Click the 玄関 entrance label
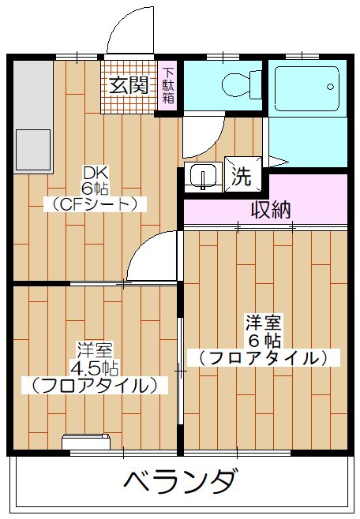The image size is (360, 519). tap(129, 84)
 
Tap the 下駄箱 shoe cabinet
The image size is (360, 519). tap(169, 86)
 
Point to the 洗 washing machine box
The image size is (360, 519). tap(241, 177)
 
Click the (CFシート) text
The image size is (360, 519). tap(95, 203)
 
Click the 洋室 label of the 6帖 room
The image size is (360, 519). tap(263, 323)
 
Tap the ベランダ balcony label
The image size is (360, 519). tap(181, 480)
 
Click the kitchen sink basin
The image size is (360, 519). tap(32, 147)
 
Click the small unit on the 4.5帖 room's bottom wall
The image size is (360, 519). tap(84, 443)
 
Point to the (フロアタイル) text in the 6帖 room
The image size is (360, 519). tap(263, 357)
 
